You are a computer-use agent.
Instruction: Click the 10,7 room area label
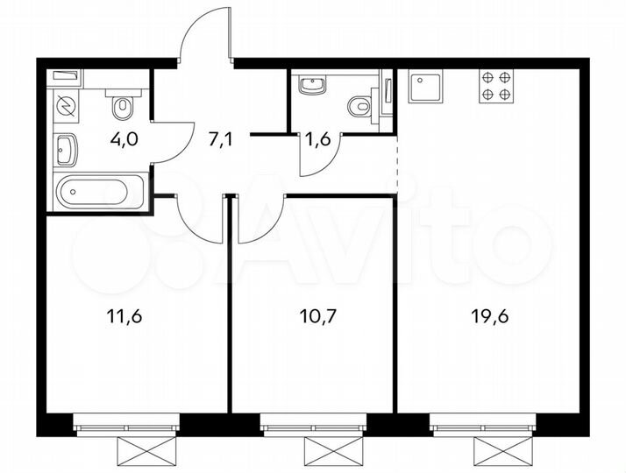[313, 316]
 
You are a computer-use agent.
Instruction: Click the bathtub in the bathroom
[95, 191]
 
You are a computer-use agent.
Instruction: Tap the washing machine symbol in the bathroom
[67, 106]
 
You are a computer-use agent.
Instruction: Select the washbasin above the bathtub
[67, 150]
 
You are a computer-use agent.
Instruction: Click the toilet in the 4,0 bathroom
[123, 107]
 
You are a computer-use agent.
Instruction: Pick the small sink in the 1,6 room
[311, 86]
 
